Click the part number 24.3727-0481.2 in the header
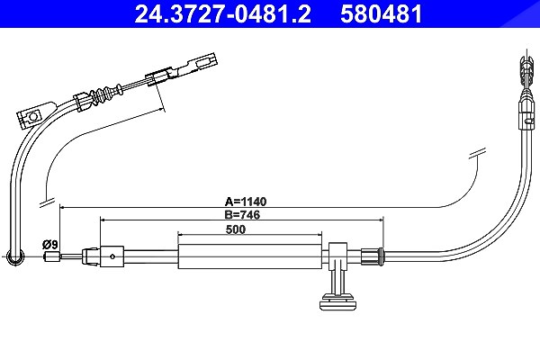click(222, 14)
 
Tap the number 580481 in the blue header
click(382, 14)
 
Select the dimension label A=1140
click(246, 202)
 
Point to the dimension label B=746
click(242, 214)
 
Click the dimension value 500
click(236, 229)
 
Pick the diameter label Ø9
click(50, 245)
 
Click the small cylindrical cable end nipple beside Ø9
click(52, 256)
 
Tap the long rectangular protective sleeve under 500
click(249, 256)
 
